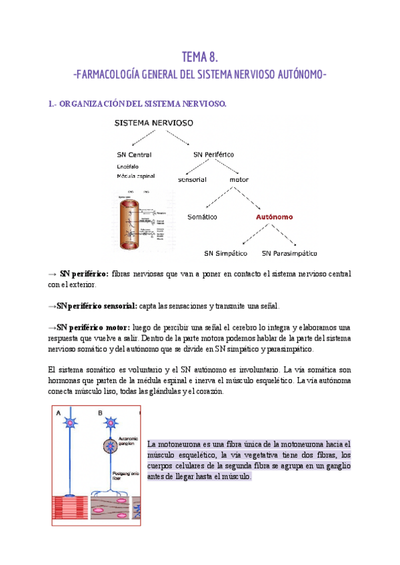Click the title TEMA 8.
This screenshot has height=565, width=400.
coord(199,57)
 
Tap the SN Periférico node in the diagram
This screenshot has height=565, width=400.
coord(213,154)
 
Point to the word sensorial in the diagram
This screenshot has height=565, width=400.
coord(193,179)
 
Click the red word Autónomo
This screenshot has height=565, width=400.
coord(276,217)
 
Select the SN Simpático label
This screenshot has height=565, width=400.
coord(225,253)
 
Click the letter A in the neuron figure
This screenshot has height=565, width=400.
coord(59,413)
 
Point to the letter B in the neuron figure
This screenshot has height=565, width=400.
coord(101,413)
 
